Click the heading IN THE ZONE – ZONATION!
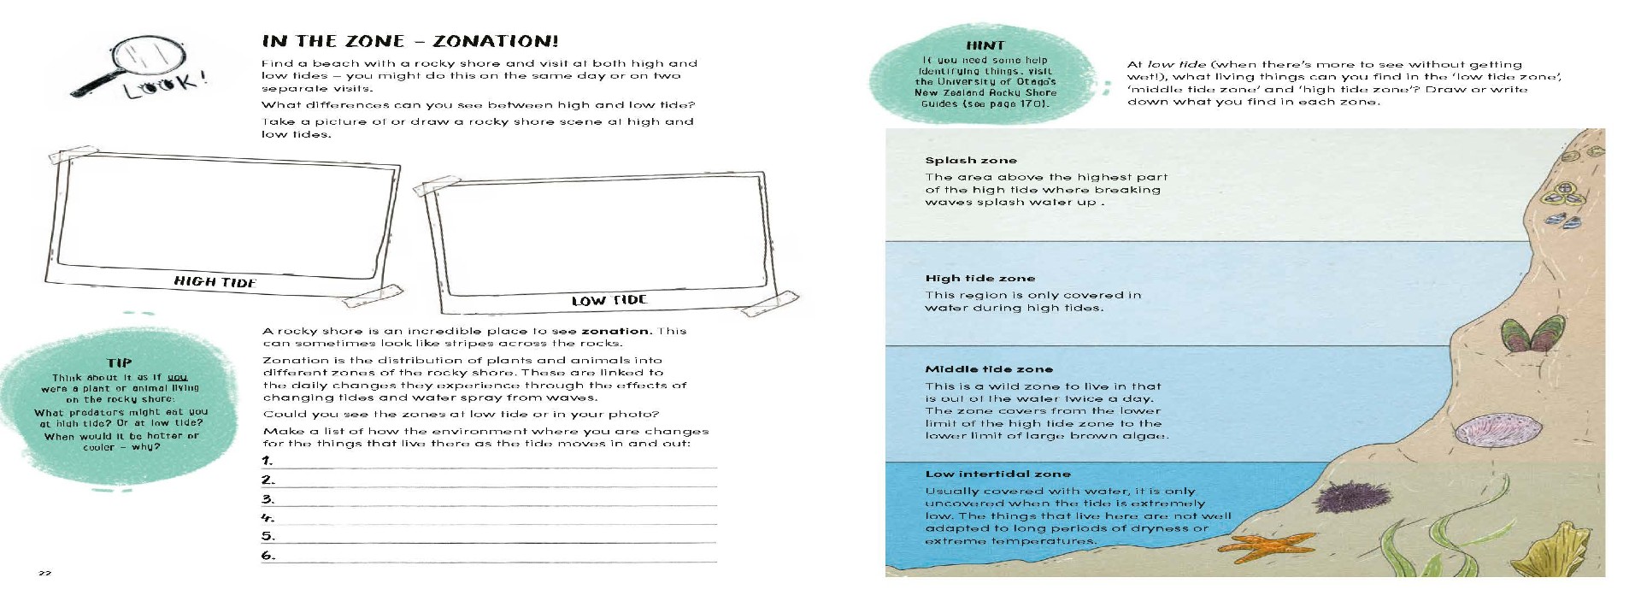(410, 41)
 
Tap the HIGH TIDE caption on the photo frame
(215, 281)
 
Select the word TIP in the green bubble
(119, 362)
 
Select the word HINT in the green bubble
(985, 45)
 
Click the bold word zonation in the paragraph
(615, 331)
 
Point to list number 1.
(268, 461)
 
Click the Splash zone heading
(970, 160)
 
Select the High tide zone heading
(979, 278)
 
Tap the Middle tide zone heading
(988, 369)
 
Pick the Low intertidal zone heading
(997, 474)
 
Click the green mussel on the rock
(1528, 335)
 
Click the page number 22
(44, 573)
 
